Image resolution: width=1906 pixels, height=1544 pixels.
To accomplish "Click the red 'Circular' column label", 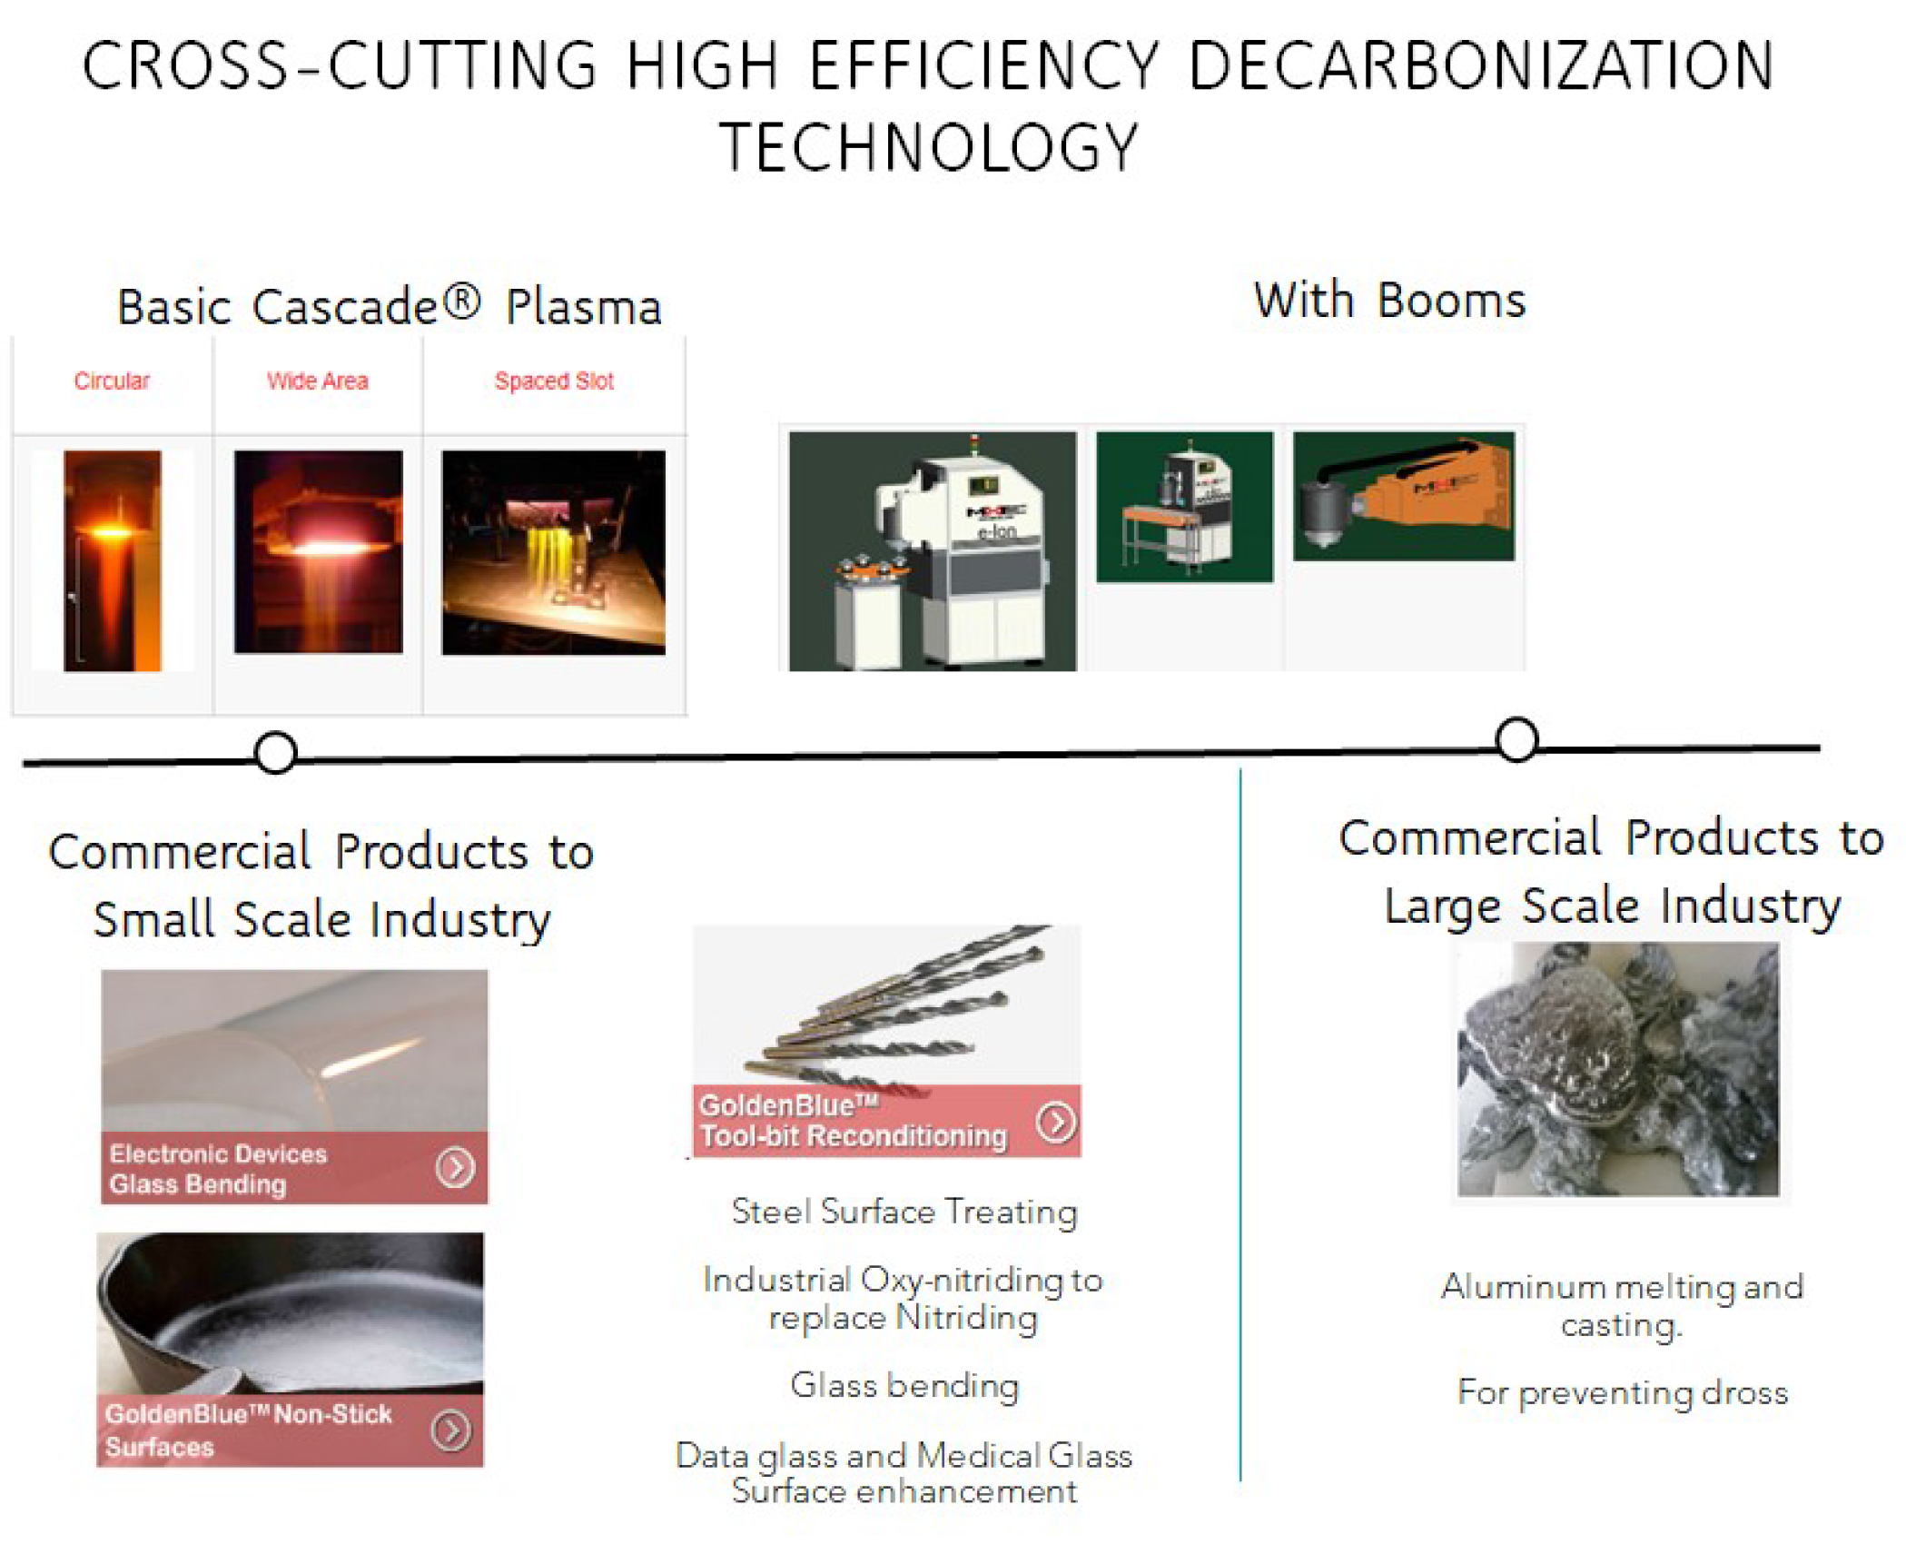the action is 112,381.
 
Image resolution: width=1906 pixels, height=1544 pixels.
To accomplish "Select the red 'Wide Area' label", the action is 318,381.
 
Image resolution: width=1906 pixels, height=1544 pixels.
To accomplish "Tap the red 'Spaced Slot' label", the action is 554,381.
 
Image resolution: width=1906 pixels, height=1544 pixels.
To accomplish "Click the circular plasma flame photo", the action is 113,560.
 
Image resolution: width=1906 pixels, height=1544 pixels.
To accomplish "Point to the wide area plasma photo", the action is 318,551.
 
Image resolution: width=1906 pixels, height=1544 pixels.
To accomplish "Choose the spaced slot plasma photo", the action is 554,552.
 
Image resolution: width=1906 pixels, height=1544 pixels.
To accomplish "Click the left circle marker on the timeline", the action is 275,752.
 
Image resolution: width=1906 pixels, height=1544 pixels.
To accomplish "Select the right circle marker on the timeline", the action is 1516,739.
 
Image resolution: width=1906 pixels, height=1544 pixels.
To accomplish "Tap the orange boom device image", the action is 1404,496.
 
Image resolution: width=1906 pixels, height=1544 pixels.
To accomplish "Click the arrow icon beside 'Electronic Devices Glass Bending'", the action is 455,1167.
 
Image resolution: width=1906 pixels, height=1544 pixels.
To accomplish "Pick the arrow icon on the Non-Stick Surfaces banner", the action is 450,1430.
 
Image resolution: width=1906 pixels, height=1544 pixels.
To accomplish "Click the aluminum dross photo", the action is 1618,1069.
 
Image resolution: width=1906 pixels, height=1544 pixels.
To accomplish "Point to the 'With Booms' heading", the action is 1389,300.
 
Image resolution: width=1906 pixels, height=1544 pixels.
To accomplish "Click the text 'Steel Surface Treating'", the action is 904,1212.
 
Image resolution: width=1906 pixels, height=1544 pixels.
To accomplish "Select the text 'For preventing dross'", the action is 1623,1392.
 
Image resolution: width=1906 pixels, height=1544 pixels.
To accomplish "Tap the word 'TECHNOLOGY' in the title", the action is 928,147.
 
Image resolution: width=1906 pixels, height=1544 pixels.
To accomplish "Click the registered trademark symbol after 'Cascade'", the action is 462,302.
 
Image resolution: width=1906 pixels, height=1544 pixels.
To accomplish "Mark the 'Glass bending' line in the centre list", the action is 904,1386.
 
